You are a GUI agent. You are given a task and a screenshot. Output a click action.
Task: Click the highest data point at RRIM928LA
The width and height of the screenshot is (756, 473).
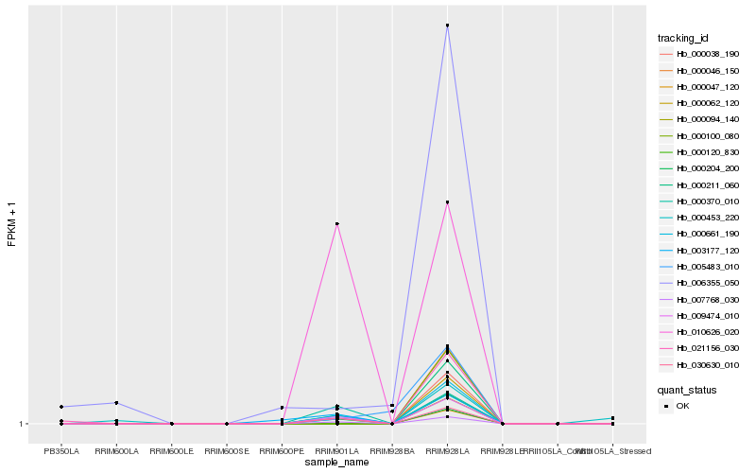pyautogui.click(x=447, y=26)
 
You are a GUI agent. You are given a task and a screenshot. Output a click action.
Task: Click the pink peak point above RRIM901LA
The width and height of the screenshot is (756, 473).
pyautogui.click(x=336, y=224)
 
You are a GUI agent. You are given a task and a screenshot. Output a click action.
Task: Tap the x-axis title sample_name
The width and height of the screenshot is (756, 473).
pyautogui.click(x=336, y=463)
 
